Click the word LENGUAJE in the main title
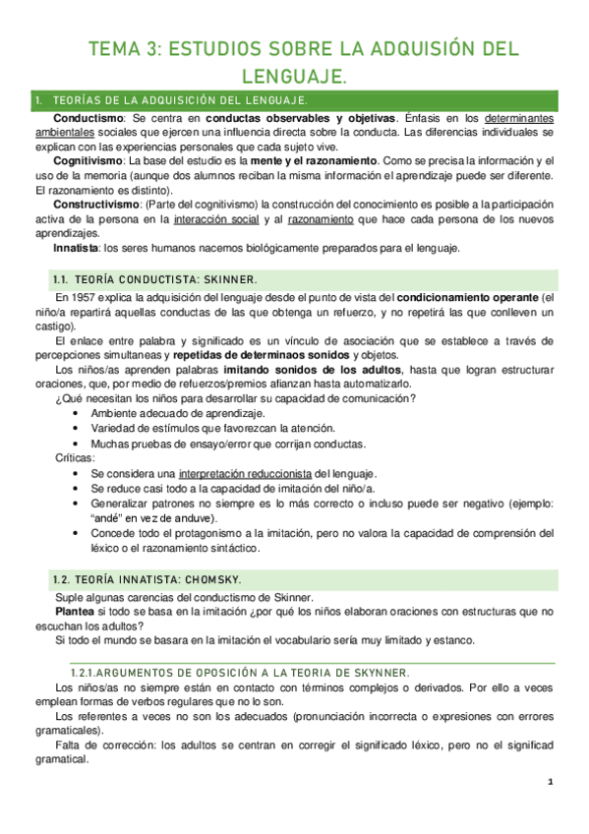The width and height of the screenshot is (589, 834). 294,75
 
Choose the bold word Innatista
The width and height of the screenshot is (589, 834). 75,249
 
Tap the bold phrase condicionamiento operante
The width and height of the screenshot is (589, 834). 467,296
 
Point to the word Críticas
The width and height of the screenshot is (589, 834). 76,458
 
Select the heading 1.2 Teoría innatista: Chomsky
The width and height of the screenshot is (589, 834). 148,579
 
